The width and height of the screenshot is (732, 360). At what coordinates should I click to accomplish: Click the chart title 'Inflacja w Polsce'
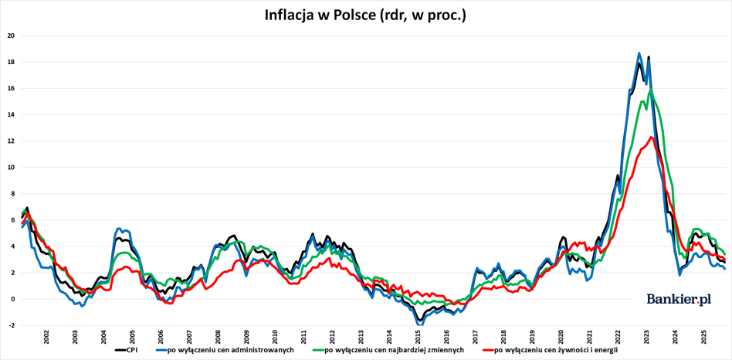[x=365, y=15]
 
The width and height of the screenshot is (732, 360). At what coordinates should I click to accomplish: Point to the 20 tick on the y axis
[x=10, y=36]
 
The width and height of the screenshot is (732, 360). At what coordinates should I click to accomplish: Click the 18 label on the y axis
[x=10, y=62]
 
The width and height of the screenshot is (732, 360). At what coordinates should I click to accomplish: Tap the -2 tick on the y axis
[x=10, y=325]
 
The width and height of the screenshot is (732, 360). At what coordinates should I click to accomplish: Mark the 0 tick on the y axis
[x=11, y=299]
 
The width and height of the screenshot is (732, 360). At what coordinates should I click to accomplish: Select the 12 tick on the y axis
[x=10, y=141]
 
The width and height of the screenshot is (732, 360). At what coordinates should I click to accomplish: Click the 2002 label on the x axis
[x=46, y=338]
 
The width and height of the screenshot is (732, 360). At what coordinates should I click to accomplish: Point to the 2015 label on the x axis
[x=418, y=338]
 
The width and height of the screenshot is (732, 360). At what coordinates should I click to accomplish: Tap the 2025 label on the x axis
[x=703, y=338]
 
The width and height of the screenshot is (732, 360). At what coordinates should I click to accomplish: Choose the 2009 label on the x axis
[x=246, y=338]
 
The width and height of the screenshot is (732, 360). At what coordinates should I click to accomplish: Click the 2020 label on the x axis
[x=561, y=338]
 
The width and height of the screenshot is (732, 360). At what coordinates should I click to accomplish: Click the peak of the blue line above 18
[x=639, y=53]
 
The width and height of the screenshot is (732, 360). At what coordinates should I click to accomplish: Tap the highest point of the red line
[x=652, y=138]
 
